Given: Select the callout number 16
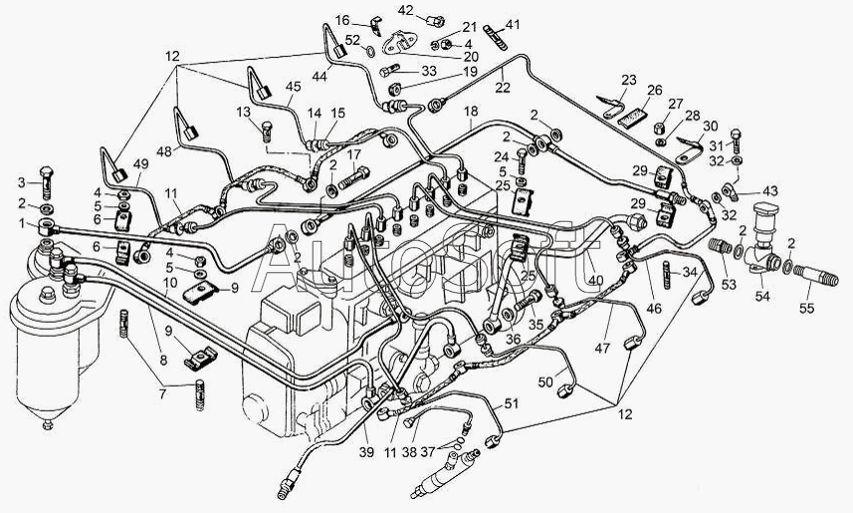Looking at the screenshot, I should [x=342, y=20].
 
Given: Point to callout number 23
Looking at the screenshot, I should [x=628, y=80].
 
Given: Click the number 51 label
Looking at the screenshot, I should [x=511, y=403].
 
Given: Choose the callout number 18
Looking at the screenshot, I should [x=470, y=110].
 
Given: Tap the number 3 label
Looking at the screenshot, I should [x=19, y=181].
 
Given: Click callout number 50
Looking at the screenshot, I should [x=545, y=383].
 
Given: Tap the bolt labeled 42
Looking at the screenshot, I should [x=436, y=17].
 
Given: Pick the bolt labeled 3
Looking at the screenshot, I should [x=47, y=181].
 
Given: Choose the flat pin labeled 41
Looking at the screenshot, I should [x=495, y=38].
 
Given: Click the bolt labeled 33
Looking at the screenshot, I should [x=390, y=71].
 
